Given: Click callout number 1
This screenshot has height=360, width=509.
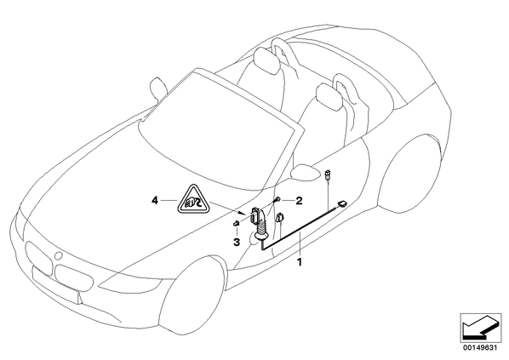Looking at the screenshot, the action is pos(300,261).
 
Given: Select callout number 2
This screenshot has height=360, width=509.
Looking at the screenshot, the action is pos(298,201).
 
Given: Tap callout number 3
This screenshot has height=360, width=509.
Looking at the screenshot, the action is pos(237,242).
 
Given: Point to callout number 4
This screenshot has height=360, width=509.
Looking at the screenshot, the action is pos(155,201).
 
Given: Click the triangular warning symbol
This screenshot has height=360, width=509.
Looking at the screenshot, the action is pos(193,201).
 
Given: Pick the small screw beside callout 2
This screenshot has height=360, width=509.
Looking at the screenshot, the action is pos(277,200).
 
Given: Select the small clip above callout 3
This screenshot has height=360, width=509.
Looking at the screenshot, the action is pos(237,223).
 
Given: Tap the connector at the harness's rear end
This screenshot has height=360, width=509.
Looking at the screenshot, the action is pos(342,203).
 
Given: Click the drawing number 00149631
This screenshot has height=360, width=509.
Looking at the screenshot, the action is pos(480,348).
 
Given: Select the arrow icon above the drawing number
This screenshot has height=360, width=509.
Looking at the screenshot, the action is pos(480,328).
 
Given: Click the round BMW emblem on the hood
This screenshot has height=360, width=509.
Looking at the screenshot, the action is pos(58,255).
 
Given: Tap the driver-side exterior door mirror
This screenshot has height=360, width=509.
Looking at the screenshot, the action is pos(304,171).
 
